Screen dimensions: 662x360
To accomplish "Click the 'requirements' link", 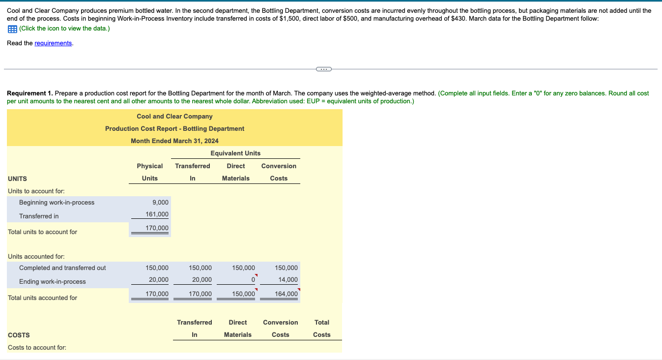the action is coord(53,43).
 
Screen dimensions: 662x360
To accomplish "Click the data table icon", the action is coord(12,29).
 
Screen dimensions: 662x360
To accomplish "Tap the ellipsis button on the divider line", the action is coord(323,69).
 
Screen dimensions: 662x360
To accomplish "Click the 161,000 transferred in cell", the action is coord(157,214).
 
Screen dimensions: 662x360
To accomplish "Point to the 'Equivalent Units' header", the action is coord(235,153).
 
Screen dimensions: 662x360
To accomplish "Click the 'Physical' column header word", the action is coord(150,166).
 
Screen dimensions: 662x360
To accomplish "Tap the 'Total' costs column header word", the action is coord(322,323).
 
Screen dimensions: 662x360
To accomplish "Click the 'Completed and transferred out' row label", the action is coord(62,268).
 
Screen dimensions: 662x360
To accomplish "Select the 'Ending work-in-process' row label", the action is coord(52,282).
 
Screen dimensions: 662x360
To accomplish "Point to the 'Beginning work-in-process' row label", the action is coord(57,203).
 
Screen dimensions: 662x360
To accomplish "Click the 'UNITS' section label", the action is coord(18,179).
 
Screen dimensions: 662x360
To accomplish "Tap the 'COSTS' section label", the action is coord(19,335).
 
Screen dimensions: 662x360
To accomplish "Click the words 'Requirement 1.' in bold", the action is coord(29,93).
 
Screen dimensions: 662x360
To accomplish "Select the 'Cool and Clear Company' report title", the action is coord(174,117).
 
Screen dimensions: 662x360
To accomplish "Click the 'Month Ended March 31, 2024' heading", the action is coord(174,141).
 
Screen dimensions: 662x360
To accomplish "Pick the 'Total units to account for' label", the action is coord(42,232).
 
